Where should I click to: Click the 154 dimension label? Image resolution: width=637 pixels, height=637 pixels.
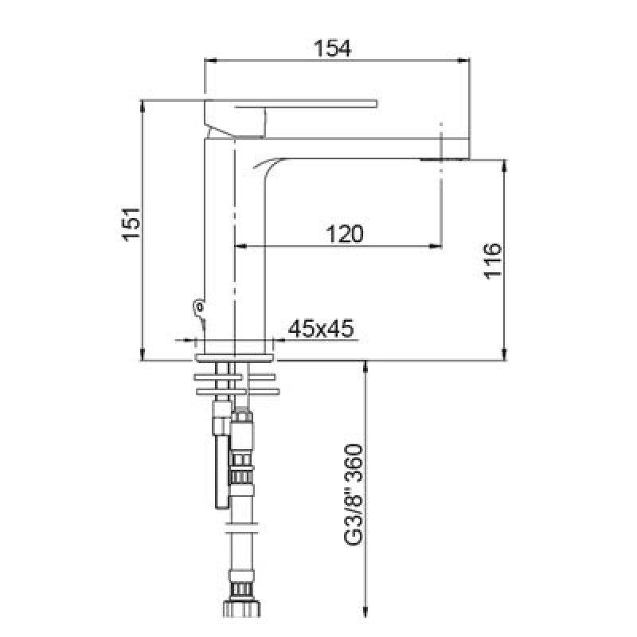[x=332, y=49]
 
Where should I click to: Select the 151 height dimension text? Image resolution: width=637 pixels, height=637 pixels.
[x=131, y=225]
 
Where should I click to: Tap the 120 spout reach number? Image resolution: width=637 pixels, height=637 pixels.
[x=345, y=233]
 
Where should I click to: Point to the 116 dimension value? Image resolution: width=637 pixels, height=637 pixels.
[x=493, y=261]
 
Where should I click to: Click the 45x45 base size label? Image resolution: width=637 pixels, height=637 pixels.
[x=321, y=328]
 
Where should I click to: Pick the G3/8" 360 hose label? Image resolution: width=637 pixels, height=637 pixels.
[x=353, y=494]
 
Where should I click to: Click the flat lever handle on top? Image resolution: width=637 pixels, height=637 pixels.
[x=291, y=104]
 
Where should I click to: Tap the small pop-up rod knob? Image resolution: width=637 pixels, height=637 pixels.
[x=198, y=306]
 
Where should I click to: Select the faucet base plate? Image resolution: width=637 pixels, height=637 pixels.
[x=235, y=358]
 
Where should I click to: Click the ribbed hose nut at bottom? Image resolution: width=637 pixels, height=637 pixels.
[x=242, y=609]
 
